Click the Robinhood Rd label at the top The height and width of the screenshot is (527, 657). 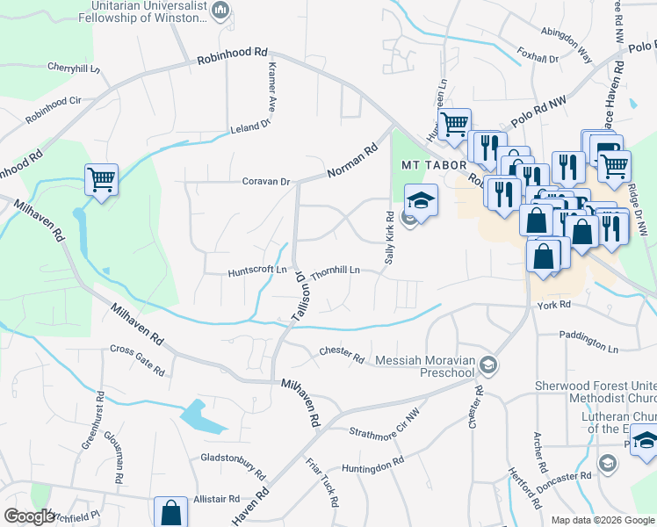pyautogui.click(x=232, y=54)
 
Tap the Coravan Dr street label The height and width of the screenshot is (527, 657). pyautogui.click(x=266, y=182)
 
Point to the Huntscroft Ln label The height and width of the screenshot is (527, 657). pyautogui.click(x=257, y=270)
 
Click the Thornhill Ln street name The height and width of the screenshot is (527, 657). pyautogui.click(x=336, y=271)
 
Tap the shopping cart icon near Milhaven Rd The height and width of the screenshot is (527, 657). pyautogui.click(x=101, y=179)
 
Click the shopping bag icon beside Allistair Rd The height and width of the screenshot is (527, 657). pyautogui.click(x=170, y=512)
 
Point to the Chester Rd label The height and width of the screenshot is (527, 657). pyautogui.click(x=342, y=354)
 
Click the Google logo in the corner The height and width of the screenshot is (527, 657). pyautogui.click(x=30, y=516)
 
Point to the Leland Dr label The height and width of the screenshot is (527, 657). pyautogui.click(x=250, y=127)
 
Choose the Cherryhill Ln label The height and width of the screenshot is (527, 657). pyautogui.click(x=75, y=68)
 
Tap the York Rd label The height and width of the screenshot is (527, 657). pyautogui.click(x=553, y=305)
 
